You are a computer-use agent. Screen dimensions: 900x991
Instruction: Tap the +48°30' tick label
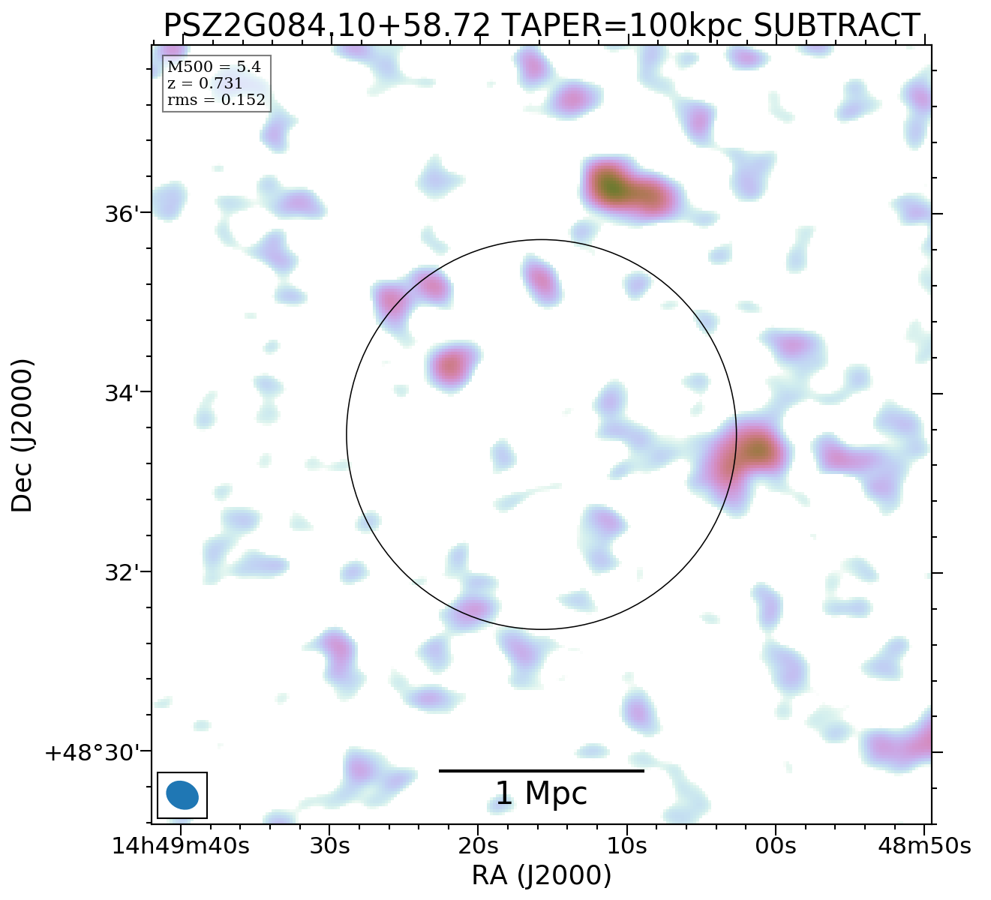(94, 752)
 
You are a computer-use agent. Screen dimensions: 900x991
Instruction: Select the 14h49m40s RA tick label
(180, 846)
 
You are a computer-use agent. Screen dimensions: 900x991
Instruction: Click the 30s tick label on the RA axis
(329, 846)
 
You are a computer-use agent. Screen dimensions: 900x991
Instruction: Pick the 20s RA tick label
(478, 846)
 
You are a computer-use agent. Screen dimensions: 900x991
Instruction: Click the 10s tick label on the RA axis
(626, 846)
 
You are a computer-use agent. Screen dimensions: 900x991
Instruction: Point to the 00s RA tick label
(775, 846)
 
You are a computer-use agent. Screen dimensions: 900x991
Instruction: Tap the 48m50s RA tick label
(924, 846)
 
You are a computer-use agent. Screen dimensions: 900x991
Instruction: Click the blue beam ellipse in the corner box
(182, 795)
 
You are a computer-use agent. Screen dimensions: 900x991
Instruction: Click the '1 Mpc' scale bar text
(541, 793)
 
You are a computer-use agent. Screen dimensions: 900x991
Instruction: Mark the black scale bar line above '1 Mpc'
(541, 770)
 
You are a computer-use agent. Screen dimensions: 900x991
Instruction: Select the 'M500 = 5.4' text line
(214, 67)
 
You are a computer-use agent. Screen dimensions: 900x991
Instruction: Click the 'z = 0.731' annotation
(205, 84)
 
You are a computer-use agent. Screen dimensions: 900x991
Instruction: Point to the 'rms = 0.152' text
(216, 100)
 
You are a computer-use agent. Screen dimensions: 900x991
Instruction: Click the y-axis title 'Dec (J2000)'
(23, 435)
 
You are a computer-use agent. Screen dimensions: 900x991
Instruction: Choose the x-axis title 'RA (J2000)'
(541, 876)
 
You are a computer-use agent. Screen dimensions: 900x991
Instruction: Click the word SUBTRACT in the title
(836, 25)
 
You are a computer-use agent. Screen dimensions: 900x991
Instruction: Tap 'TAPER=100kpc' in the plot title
(620, 25)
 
